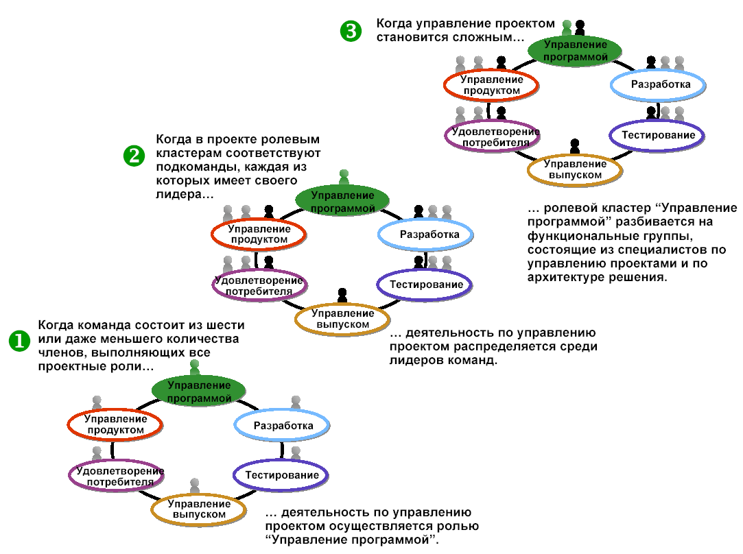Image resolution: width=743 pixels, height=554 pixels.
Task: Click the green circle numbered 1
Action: point(19,341)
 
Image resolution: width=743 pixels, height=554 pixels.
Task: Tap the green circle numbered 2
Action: point(133,156)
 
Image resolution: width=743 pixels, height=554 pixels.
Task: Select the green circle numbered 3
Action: point(350,31)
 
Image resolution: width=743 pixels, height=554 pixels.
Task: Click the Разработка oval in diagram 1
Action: point(283,426)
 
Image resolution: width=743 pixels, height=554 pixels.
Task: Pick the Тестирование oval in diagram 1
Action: point(281,475)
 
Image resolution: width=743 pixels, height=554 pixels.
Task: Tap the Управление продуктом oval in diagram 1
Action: point(115,424)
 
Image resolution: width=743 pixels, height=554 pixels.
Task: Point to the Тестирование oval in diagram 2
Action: point(425,285)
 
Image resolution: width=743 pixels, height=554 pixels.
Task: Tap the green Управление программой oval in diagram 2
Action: point(343,200)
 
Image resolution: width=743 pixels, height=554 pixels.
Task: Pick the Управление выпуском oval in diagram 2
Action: point(343,319)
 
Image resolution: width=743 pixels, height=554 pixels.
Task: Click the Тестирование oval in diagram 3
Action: point(658,135)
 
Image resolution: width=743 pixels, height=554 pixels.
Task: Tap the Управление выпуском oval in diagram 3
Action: point(575,169)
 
